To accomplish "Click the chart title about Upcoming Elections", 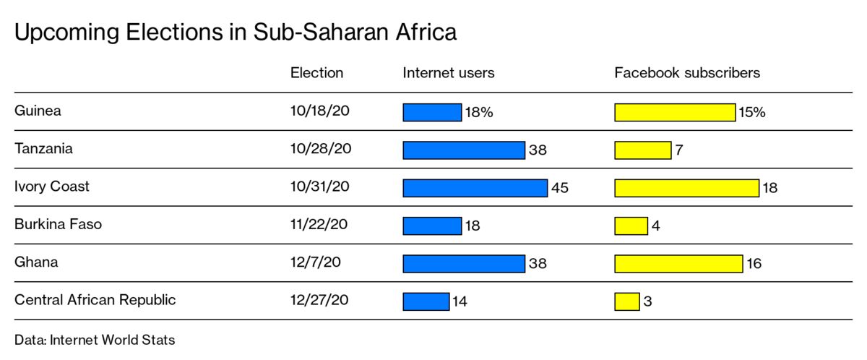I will tap(236, 33).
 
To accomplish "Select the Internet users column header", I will tap(449, 73).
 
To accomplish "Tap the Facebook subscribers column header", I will tap(687, 73).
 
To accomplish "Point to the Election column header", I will tap(316, 73).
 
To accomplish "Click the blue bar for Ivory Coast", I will tap(475, 188).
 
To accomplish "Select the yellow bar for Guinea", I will tap(675, 113).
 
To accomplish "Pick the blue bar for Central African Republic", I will tap(426, 301).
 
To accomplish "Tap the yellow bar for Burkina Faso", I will tap(631, 226).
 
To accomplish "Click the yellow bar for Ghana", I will tap(678, 263).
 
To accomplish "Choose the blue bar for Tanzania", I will tap(463, 150).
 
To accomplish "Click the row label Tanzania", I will tap(43, 149).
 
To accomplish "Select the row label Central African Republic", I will tap(95, 299).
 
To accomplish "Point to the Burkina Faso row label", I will tap(58, 224).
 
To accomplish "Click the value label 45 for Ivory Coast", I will tap(560, 188).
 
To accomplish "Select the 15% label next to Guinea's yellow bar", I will tap(751, 113).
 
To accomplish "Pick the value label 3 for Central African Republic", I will tap(647, 301).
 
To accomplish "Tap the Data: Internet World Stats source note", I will tap(95, 340).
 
